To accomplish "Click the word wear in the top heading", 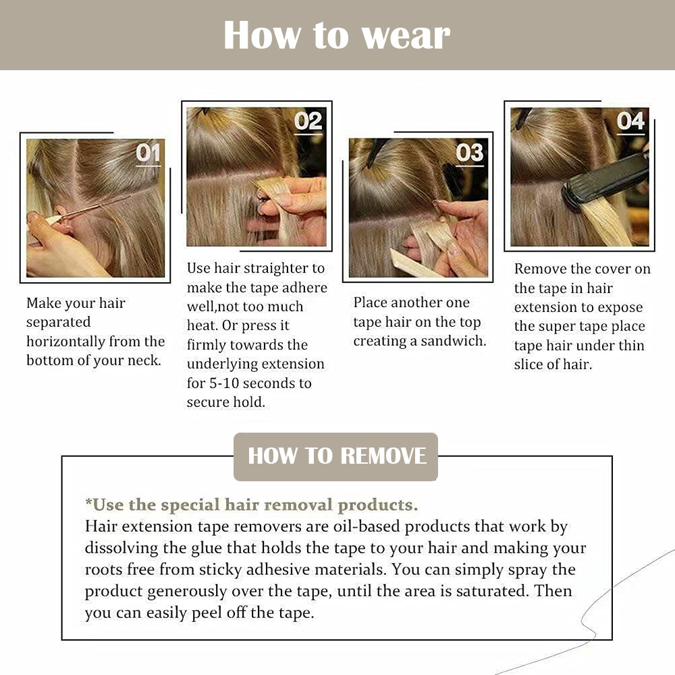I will pos(406,35).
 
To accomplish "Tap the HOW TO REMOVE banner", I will pos(336,456).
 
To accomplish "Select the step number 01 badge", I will pos(148,153).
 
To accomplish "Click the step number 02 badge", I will pos(308,122).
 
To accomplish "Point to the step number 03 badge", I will pos(470,153).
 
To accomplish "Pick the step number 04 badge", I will pos(630,122).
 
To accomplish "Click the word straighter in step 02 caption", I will pos(284,269).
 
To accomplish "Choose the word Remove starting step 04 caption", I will pos(539,269).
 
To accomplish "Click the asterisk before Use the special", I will pos(88,504).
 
